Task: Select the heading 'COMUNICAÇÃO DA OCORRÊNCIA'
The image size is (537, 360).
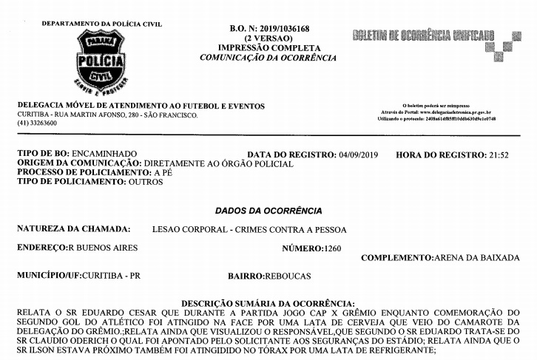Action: pyautogui.click(x=268, y=58)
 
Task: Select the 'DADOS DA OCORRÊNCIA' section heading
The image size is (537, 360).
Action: pyautogui.click(x=268, y=211)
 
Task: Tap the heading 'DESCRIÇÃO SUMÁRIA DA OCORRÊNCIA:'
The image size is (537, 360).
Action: pyautogui.click(x=268, y=303)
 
